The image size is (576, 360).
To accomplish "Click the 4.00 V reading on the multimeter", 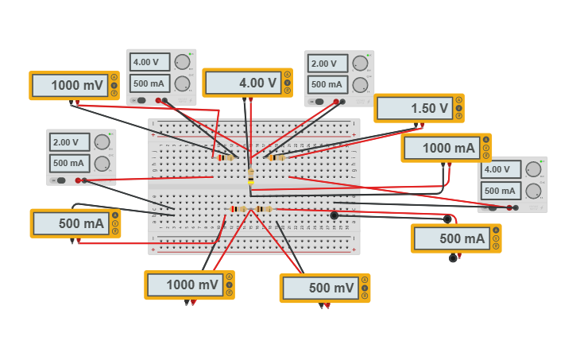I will [x=242, y=83].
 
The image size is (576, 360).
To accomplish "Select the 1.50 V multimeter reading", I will [x=413, y=109].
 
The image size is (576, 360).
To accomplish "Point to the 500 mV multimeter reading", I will [x=319, y=288].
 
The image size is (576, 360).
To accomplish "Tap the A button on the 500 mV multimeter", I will [x=364, y=281].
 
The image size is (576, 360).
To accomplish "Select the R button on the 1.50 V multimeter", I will [x=458, y=116].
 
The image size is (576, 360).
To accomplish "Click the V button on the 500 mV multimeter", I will [x=364, y=288].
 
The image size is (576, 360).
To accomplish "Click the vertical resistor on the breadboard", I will [x=251, y=176].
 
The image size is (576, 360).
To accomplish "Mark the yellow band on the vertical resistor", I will [x=251, y=181].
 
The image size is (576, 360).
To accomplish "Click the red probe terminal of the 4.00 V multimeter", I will [x=251, y=99].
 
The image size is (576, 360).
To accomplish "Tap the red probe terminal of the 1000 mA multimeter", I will [x=450, y=164].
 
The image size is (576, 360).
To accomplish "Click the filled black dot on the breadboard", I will [x=334, y=215].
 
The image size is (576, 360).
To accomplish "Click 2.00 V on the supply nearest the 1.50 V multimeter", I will [x=328, y=64].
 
